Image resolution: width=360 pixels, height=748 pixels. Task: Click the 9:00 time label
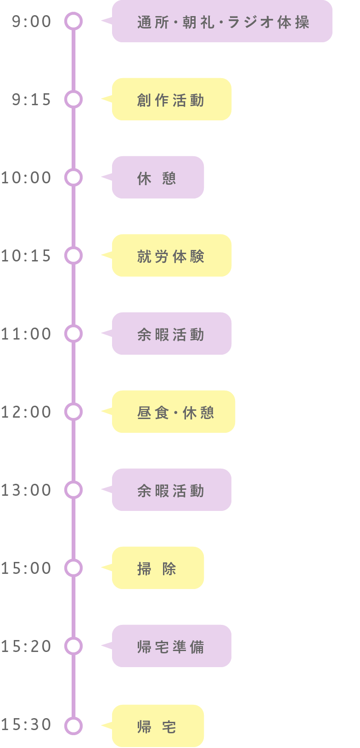coord(31,22)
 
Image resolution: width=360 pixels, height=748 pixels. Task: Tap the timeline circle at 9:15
coord(73,99)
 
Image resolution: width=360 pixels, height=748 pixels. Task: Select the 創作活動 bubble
coord(171,99)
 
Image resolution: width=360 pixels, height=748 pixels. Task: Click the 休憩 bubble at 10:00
coord(157,177)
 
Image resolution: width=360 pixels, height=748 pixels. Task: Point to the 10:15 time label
coord(26,256)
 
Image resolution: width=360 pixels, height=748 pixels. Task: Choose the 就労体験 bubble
coord(171,255)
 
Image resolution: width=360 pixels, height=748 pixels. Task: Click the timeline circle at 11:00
coord(73,334)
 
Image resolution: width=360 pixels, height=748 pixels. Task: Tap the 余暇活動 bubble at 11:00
coord(171,334)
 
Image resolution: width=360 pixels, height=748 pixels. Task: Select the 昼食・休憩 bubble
coord(174,412)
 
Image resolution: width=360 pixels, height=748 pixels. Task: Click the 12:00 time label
coord(26,412)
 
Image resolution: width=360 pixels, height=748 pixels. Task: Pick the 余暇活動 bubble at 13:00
coord(171,490)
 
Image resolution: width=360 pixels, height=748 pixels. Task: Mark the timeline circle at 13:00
coord(73,490)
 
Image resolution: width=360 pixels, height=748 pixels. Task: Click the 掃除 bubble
coord(157,568)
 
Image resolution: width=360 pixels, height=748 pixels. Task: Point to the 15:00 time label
coord(26,568)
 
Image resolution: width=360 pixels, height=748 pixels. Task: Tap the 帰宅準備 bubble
coord(171,646)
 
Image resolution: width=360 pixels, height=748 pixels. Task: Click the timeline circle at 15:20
coord(73,646)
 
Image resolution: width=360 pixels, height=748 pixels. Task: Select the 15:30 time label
coord(26,725)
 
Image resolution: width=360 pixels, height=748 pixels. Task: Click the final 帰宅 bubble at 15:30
coord(157,726)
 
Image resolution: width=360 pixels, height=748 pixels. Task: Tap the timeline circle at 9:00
coord(73,21)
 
